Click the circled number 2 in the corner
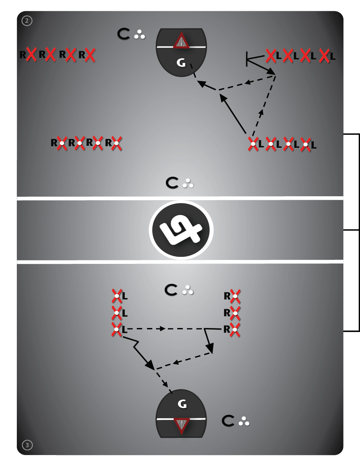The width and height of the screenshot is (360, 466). [x=27, y=21]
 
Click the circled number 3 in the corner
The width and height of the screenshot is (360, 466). [x=27, y=444]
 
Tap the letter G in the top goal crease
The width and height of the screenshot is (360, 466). [x=181, y=63]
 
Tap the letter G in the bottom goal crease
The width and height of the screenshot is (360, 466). [x=182, y=404]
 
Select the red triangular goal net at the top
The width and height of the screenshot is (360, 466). [x=181, y=41]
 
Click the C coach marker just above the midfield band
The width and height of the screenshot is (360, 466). [x=172, y=183]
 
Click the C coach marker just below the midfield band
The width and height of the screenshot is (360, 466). [x=171, y=290]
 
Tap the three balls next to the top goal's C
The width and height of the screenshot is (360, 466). [x=139, y=35]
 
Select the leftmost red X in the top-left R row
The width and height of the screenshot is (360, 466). [x=31, y=55]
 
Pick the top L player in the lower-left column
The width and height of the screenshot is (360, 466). [x=117, y=296]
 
